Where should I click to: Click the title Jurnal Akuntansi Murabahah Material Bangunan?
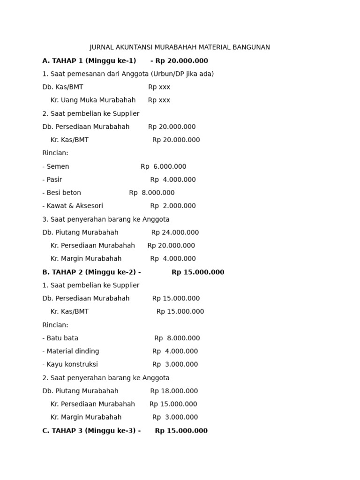180,47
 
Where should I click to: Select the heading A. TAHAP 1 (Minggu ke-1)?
89,61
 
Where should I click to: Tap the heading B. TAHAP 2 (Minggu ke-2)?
91,272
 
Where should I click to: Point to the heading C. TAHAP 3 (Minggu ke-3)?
91,431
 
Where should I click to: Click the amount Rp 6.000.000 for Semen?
163,166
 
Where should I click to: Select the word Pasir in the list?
54,180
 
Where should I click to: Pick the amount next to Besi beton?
152,193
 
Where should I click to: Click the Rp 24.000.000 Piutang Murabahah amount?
175,232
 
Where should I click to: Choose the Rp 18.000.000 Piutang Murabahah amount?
174,391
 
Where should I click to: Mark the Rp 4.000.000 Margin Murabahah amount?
173,259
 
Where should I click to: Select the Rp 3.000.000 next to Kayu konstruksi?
175,365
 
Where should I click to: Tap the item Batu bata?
62,338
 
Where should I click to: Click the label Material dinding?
73,352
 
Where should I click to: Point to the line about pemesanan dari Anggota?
128,74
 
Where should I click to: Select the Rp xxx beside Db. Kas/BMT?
159,87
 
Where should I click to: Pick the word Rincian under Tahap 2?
55,325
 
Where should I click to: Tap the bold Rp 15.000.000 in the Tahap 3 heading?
181,431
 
